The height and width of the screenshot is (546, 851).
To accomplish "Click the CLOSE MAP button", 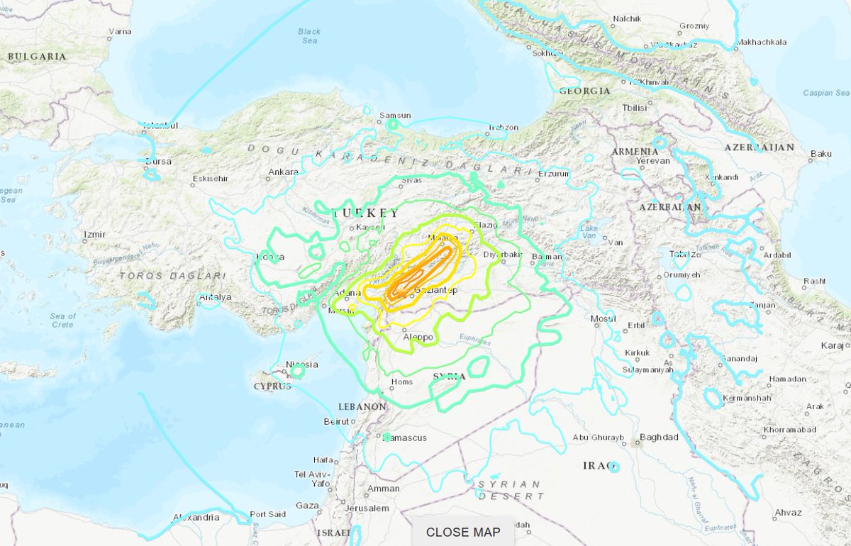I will tap(463, 532).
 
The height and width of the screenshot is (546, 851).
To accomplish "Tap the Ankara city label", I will tap(283, 172).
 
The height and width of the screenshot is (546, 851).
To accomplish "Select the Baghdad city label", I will tap(659, 438).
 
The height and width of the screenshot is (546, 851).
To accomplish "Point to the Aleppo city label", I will tap(418, 337).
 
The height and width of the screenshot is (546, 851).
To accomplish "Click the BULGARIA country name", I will tap(37, 57).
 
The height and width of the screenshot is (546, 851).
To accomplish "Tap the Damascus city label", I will tap(406, 438).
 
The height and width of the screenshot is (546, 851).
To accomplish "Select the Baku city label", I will tap(821, 153).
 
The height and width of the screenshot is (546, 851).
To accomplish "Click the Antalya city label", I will tap(216, 297).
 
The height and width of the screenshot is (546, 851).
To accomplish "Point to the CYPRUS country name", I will tap(272, 386).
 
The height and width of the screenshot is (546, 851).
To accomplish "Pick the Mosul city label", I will tap(603, 319).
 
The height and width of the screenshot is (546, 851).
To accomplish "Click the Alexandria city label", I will tap(196, 518).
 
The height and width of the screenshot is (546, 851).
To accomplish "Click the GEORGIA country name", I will tap(584, 91).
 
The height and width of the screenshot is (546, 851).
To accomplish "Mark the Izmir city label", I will tap(94, 235).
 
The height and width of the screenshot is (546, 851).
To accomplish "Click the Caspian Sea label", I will tap(825, 93).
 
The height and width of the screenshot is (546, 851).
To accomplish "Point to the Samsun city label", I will tap(395, 115).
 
